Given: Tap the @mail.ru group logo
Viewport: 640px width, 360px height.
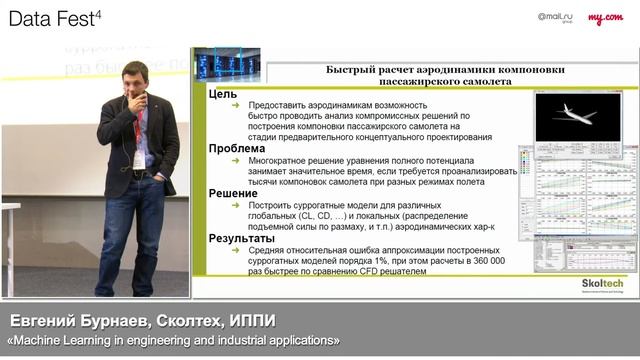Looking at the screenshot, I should (556, 17).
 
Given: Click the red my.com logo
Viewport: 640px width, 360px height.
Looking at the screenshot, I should (606, 17).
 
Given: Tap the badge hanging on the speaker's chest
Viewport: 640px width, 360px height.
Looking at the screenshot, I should (139, 158).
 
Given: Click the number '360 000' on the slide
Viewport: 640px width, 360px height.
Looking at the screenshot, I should (485, 260).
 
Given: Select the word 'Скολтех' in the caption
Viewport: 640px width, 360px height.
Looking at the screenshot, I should (184, 321).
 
